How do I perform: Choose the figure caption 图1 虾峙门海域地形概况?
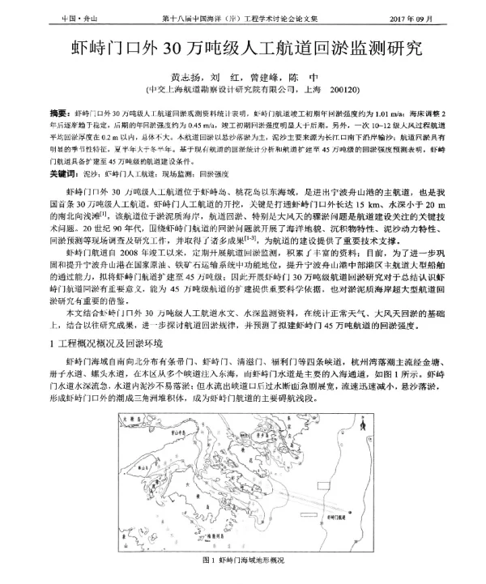pyautogui.click(x=243, y=561)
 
